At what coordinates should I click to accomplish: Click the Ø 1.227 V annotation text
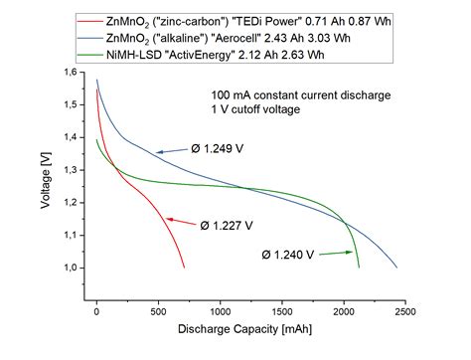pyautogui.click(x=228, y=223)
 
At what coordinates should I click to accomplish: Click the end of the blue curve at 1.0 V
pyautogui.click(x=396, y=268)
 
